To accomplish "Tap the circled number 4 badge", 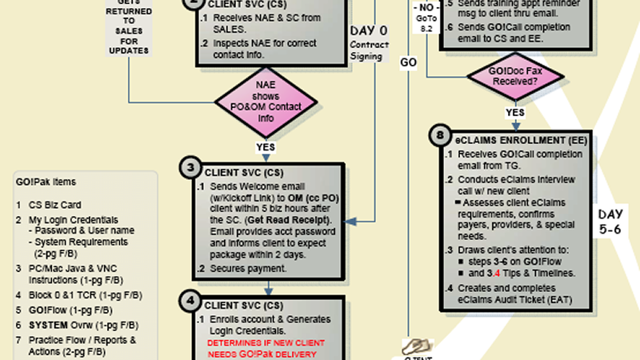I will [190, 302].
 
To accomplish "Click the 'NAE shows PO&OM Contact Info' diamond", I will [265, 101].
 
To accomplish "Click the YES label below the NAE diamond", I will [265, 147].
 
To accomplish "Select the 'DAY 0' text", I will [369, 30].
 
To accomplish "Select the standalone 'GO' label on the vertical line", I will [408, 62].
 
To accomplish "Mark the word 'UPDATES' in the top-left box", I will [129, 50].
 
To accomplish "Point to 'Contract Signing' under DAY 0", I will [369, 50].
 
